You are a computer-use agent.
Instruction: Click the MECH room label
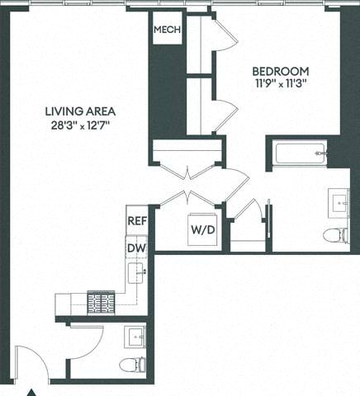(167, 29)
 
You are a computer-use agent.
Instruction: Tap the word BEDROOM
(281, 71)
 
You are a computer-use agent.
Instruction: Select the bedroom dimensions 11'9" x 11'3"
(281, 83)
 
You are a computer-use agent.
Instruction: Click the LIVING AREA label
(80, 111)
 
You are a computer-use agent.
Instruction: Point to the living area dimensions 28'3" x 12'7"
(80, 125)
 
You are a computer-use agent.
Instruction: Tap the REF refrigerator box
(136, 221)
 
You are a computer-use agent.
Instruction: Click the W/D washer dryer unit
(203, 229)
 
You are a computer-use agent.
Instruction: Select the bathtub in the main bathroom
(299, 153)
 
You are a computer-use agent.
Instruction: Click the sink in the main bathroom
(339, 200)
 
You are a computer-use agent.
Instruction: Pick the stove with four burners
(102, 301)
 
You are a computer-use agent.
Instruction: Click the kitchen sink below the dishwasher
(138, 271)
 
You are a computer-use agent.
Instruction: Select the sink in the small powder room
(135, 337)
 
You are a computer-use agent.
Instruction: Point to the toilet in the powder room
(132, 365)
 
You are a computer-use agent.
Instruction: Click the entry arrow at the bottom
(33, 391)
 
